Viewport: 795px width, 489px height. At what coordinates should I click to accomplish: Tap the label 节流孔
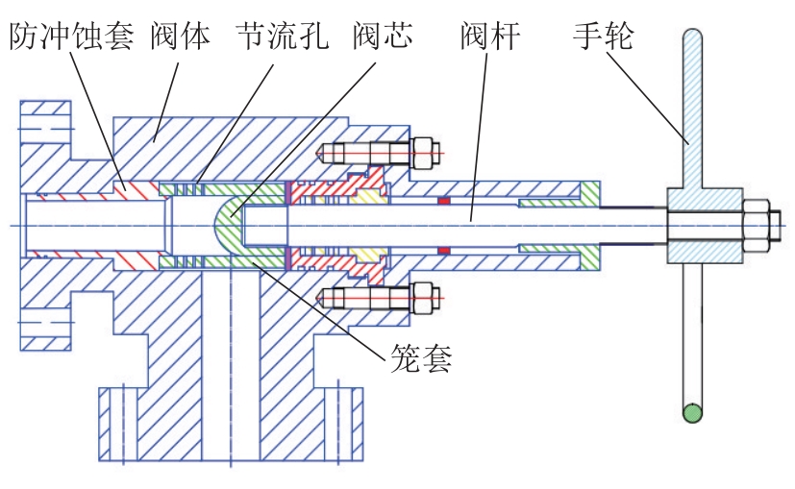coord(282,37)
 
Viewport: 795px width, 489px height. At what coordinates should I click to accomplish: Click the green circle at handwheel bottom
coord(690,414)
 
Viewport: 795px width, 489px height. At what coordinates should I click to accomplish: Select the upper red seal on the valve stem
coord(443,201)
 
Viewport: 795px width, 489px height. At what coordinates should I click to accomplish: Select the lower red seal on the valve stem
coord(443,251)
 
